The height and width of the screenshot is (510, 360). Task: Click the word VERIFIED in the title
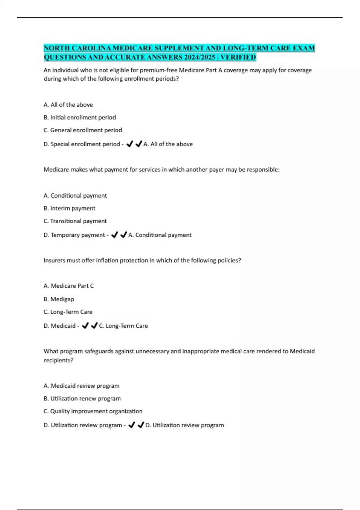(x=238, y=57)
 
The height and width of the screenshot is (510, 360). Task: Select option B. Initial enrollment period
(x=80, y=117)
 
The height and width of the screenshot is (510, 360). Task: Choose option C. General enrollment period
(x=83, y=130)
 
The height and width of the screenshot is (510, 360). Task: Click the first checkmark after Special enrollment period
(x=130, y=144)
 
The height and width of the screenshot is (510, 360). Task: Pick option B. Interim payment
(x=69, y=208)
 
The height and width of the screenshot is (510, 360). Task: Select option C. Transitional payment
(x=75, y=221)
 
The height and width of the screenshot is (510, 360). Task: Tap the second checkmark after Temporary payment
(x=124, y=235)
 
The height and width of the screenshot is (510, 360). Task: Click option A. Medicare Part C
(x=69, y=286)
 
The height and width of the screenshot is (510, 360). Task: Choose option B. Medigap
(x=59, y=299)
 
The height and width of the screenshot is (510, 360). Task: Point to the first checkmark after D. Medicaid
(x=85, y=325)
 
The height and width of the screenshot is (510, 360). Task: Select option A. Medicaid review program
(x=82, y=386)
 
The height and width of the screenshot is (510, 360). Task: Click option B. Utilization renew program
(x=82, y=399)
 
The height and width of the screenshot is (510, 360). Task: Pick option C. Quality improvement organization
(x=93, y=411)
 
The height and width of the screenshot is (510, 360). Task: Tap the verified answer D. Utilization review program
(x=185, y=425)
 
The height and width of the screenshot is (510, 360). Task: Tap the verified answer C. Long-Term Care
(x=124, y=326)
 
